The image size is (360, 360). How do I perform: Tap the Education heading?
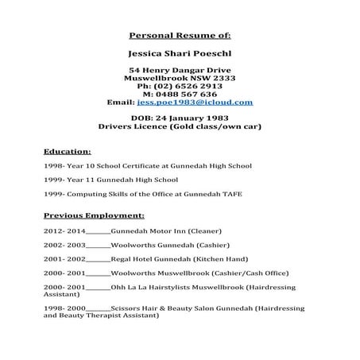coord(68,151)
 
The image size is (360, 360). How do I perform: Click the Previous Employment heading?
coord(94,215)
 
